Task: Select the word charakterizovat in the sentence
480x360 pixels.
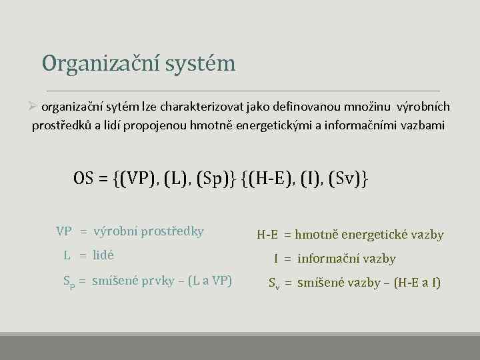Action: coord(203,107)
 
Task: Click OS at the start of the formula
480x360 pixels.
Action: coord(83,179)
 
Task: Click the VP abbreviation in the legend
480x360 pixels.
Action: coord(64,232)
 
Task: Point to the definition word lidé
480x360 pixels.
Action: coord(103,255)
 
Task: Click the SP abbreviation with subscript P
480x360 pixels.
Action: coord(67,281)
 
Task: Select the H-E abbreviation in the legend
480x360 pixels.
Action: coord(267,235)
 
